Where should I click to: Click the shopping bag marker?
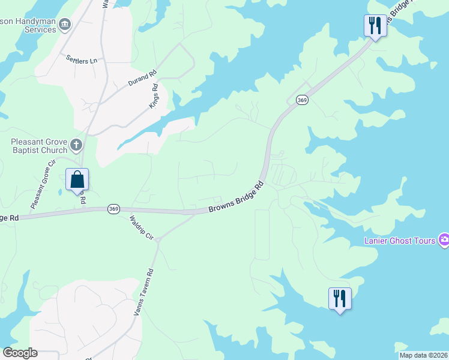pyautogui.click(x=77, y=179)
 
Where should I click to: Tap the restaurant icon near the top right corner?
pyautogui.click(x=375, y=26)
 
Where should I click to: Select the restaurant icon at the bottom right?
pyautogui.click(x=340, y=298)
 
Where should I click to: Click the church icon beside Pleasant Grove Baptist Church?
pyautogui.click(x=76, y=145)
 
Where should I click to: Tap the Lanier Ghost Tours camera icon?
pyautogui.click(x=444, y=240)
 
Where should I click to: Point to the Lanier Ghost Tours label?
pyautogui.click(x=400, y=241)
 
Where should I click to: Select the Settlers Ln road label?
pyautogui.click(x=82, y=61)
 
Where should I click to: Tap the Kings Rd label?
pyautogui.click(x=154, y=96)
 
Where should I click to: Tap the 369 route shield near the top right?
pyautogui.click(x=302, y=100)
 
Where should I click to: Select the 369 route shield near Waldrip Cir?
pyautogui.click(x=114, y=209)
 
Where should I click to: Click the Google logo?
pyautogui.click(x=20, y=353)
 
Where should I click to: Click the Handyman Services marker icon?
pyautogui.click(x=65, y=25)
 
